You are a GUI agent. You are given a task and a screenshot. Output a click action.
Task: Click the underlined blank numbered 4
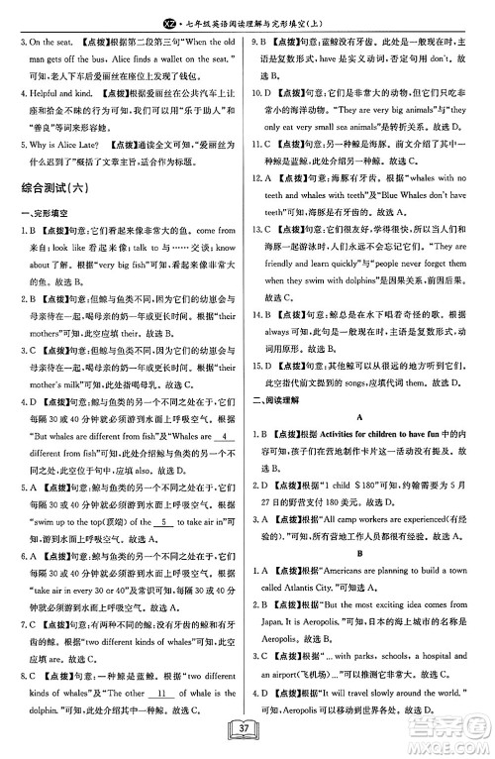[226, 408]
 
